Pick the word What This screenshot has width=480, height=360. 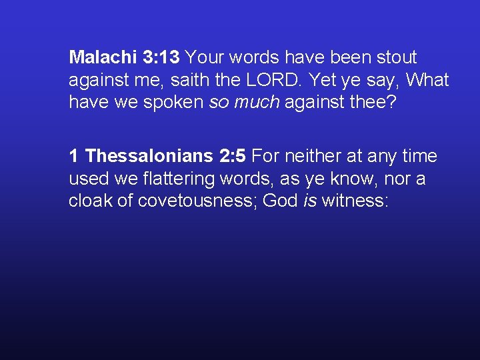(x=427, y=81)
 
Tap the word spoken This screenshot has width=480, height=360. (x=176, y=103)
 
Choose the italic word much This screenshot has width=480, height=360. (x=257, y=103)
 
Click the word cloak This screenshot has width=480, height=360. (x=91, y=201)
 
